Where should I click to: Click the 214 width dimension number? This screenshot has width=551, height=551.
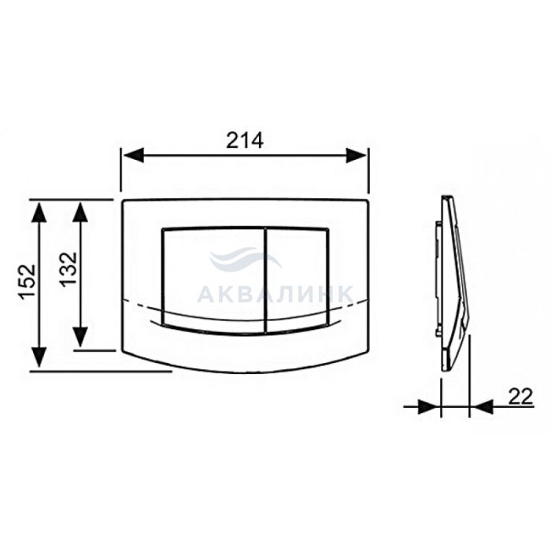click(x=245, y=141)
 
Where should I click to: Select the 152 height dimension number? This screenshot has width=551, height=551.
click(x=28, y=282)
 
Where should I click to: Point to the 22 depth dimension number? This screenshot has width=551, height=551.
click(x=521, y=397)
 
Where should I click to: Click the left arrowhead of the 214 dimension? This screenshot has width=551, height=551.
click(x=132, y=155)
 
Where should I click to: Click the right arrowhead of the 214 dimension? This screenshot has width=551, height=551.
click(x=357, y=155)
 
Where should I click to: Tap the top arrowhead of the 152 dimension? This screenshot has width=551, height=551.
click(x=39, y=212)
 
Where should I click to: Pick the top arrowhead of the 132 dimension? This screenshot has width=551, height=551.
click(x=80, y=212)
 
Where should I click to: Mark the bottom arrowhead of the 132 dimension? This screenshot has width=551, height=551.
click(x=80, y=338)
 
